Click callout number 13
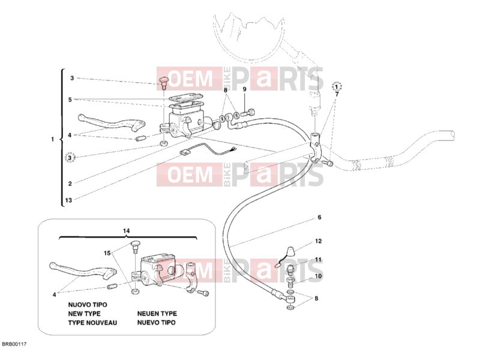coord(68,200)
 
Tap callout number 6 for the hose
coord(319,217)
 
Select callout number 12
coord(319,241)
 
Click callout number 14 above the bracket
coord(127,231)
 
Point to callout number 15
coord(107,253)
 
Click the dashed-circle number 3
coord(70,158)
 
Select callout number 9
coord(244,89)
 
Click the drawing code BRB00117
coord(14,344)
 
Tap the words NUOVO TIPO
coord(88,305)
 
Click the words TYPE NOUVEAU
coord(92,323)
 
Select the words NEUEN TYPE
coord(157,314)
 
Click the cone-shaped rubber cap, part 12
coord(291,251)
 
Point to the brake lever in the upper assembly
coord(111,123)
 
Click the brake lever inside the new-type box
coord(83,272)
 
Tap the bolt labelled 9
coord(248,113)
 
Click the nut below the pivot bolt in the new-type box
coord(134,291)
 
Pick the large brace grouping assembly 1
coord(62,138)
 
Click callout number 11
coord(319,260)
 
